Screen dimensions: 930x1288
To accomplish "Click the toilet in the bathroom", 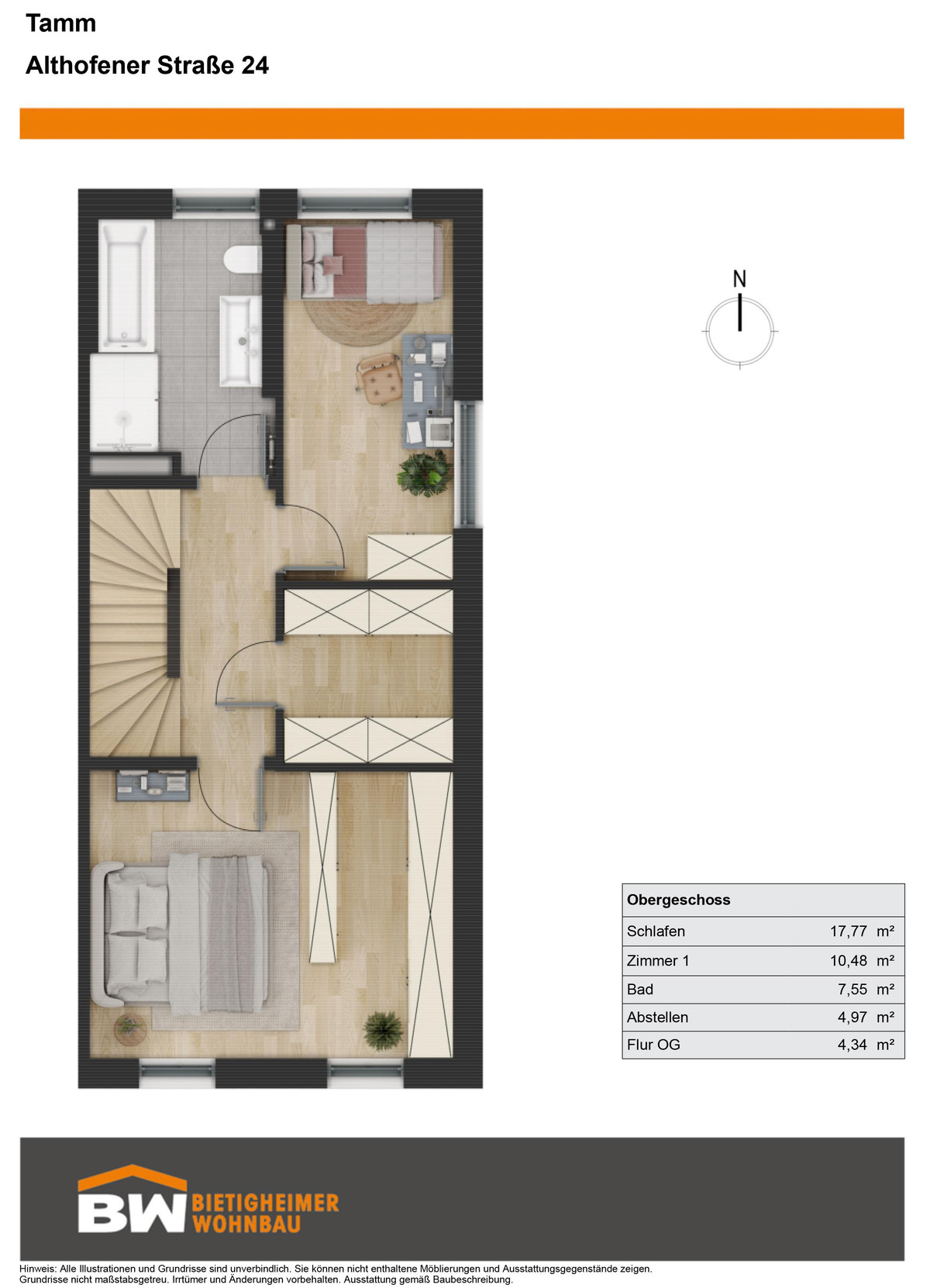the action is [x=243, y=260].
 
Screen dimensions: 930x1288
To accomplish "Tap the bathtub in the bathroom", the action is [x=126, y=286].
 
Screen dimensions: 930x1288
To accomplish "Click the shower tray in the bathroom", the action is [x=124, y=402].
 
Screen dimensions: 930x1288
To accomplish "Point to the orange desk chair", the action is [x=379, y=377].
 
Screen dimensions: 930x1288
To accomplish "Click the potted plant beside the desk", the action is [x=425, y=473].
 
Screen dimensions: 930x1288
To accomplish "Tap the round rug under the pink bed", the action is [x=362, y=322].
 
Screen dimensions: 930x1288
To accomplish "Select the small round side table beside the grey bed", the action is [x=130, y=1028].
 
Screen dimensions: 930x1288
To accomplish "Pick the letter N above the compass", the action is [x=739, y=280].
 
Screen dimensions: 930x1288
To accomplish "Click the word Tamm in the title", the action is [x=61, y=23].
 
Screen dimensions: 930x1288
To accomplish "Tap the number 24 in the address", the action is [x=255, y=66].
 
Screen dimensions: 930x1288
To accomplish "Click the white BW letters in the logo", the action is [x=133, y=1214].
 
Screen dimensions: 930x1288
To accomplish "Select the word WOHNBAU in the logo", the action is [x=246, y=1224].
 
